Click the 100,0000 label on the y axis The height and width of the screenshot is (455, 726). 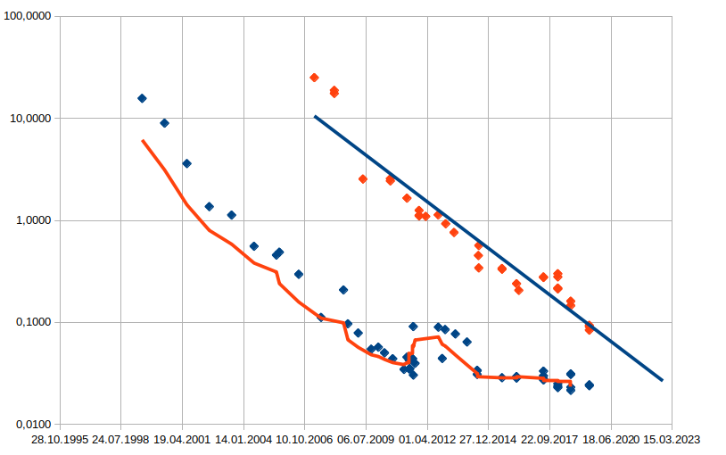(x=27, y=17)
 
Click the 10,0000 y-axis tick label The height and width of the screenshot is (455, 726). (x=29, y=119)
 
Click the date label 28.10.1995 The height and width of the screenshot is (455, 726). (x=60, y=440)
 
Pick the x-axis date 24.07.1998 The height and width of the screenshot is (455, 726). (x=121, y=440)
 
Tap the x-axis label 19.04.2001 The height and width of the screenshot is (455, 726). (x=182, y=440)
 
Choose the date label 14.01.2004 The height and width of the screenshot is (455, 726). (x=243, y=440)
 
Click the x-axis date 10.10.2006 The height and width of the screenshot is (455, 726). (x=305, y=440)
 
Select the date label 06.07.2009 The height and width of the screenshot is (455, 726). (x=366, y=440)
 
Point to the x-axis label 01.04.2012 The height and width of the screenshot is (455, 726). (x=427, y=440)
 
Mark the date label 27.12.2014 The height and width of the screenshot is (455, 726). (x=489, y=440)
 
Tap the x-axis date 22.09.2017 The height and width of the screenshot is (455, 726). (x=549, y=440)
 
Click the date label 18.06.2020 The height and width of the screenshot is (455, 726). (x=611, y=440)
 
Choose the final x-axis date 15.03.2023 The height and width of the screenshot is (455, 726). (x=672, y=440)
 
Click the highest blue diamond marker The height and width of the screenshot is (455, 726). (x=142, y=98)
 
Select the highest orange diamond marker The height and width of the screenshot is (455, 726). (x=314, y=78)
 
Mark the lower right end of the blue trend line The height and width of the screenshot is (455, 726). (x=663, y=380)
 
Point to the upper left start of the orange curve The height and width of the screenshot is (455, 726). (x=143, y=140)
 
